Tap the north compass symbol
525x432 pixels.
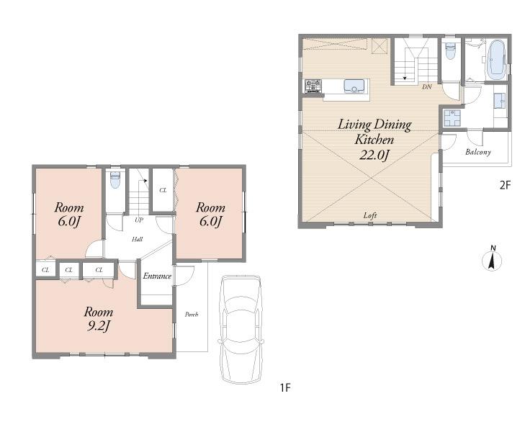point(492,260)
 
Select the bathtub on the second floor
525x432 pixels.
point(495,60)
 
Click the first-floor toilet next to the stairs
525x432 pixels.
point(115,181)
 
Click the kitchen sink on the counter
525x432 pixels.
point(354,86)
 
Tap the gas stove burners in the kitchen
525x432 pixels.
point(313,86)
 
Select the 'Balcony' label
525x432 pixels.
point(477,152)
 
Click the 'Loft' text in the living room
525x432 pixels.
point(370,215)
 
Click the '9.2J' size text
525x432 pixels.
point(98,327)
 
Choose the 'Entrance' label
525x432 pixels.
point(156,276)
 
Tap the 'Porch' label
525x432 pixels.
point(191,315)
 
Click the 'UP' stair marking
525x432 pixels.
point(138,220)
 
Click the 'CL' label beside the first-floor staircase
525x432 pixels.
point(163,190)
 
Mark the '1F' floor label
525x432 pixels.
point(284,388)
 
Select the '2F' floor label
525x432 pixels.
point(505,185)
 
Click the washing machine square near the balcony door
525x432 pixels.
point(452,118)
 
